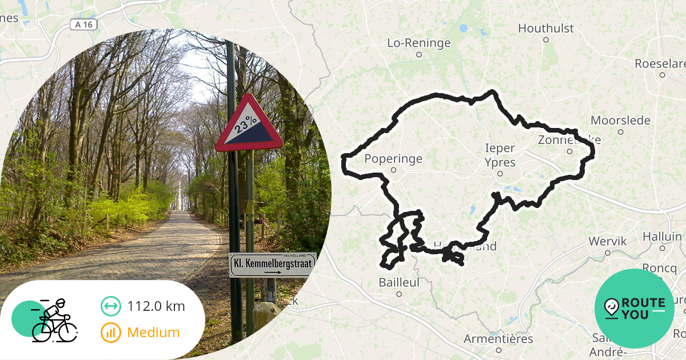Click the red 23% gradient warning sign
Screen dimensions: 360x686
(x=249, y=125)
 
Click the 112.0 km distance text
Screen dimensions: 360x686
(x=156, y=306)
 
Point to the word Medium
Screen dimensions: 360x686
(x=153, y=332)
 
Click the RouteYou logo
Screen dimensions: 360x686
(x=634, y=309)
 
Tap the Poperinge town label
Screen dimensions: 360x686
(x=393, y=159)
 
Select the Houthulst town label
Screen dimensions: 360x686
(x=545, y=28)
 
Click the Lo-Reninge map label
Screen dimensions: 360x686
(x=419, y=43)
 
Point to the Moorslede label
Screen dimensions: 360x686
(x=620, y=121)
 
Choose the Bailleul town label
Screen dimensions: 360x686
(x=399, y=282)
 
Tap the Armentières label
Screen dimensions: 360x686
(x=498, y=339)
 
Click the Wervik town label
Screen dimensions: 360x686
(x=608, y=242)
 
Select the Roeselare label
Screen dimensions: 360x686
(x=661, y=63)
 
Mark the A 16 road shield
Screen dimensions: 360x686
(x=83, y=25)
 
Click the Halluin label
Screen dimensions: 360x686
(x=662, y=237)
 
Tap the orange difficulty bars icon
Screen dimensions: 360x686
(x=110, y=332)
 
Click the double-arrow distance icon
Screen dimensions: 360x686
(x=110, y=306)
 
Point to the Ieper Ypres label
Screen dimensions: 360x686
(x=500, y=155)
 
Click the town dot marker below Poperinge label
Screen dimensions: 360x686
(x=393, y=170)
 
